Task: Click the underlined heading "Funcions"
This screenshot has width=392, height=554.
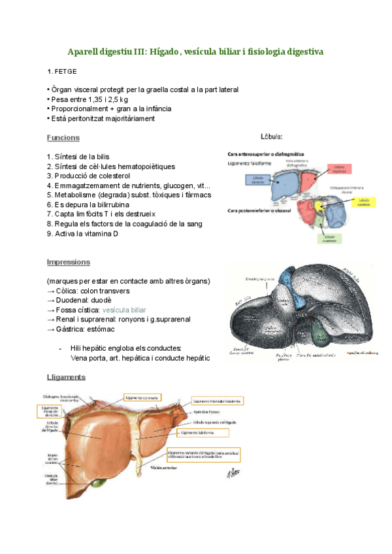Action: click(x=63, y=138)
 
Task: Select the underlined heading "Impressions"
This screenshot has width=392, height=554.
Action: click(x=68, y=262)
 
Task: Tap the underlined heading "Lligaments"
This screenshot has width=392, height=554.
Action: click(x=66, y=378)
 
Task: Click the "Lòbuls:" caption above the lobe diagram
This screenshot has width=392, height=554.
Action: click(x=272, y=137)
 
